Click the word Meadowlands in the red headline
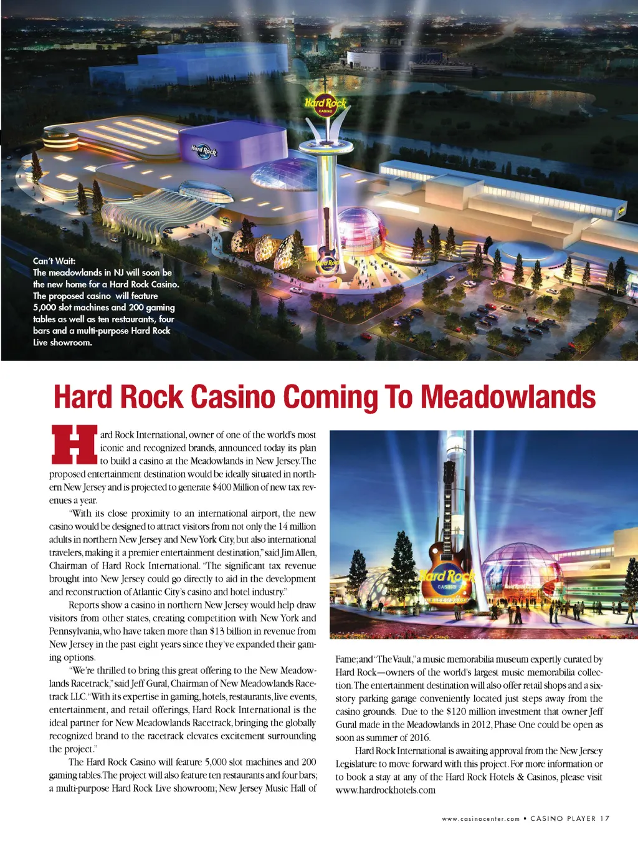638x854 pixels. (x=508, y=397)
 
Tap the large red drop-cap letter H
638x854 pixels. (x=74, y=445)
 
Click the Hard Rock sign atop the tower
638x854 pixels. (x=325, y=104)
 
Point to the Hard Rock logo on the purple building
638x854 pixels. (x=204, y=150)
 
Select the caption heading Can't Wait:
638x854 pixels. (x=54, y=261)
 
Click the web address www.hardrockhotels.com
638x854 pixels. (x=385, y=790)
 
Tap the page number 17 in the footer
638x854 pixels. (x=605, y=818)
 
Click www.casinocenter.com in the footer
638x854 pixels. (x=480, y=819)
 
